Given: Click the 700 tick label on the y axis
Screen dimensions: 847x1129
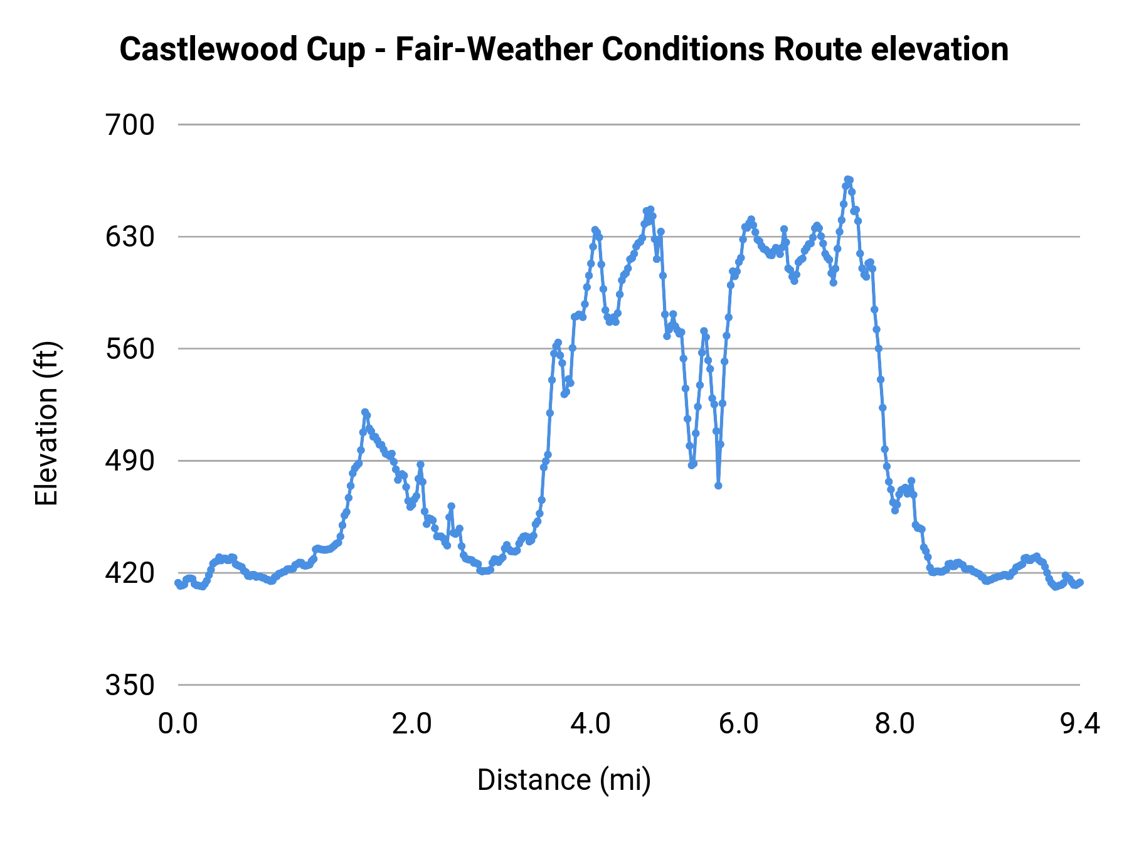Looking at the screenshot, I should pyautogui.click(x=129, y=125).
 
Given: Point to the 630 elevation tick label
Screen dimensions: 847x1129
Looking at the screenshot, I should pyautogui.click(x=129, y=237).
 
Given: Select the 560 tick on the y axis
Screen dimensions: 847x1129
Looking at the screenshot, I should pyautogui.click(x=129, y=349).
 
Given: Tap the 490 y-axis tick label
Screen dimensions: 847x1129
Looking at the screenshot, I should pyautogui.click(x=129, y=461).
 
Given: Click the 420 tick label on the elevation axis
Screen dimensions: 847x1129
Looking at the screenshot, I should pyautogui.click(x=129, y=573).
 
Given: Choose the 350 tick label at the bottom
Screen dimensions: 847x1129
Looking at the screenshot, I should pyautogui.click(x=129, y=685).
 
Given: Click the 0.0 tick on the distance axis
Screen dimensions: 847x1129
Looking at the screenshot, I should pyautogui.click(x=178, y=724).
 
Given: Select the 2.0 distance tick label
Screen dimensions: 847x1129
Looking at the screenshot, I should pyautogui.click(x=411, y=724).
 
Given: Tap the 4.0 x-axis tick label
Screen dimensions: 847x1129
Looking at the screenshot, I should pyautogui.click(x=590, y=724).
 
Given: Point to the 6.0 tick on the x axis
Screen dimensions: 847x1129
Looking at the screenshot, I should pyautogui.click(x=738, y=724).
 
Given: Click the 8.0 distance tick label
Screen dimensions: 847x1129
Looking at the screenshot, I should pyautogui.click(x=894, y=724).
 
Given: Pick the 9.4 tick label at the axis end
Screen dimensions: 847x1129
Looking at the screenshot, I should pyautogui.click(x=1079, y=724).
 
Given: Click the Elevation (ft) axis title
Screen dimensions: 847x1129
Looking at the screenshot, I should pyautogui.click(x=46, y=423).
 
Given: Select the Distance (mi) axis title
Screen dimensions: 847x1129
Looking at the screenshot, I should pyautogui.click(x=564, y=780).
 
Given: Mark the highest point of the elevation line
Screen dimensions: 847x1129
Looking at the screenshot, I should pyautogui.click(x=847, y=179).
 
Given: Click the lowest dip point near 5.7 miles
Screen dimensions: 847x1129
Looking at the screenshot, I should pyautogui.click(x=718, y=486).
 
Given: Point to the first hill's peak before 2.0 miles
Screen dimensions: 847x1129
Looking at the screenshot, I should pyautogui.click(x=365, y=412).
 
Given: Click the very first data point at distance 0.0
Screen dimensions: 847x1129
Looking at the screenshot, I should pyautogui.click(x=178, y=583).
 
